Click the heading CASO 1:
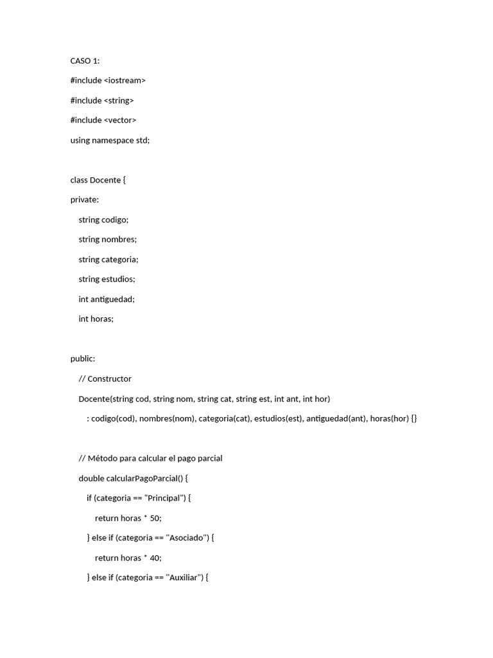pos(85,61)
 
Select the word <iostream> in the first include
pos(125,80)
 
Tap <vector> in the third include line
pos(120,120)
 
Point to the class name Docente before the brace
pos(105,180)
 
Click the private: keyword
pos(84,200)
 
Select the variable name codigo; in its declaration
pos(115,220)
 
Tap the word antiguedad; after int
pos(112,299)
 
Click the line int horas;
pos(96,319)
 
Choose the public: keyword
pos(82,359)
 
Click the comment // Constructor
pos(105,379)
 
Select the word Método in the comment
pos(102,459)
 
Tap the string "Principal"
pos(164,499)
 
